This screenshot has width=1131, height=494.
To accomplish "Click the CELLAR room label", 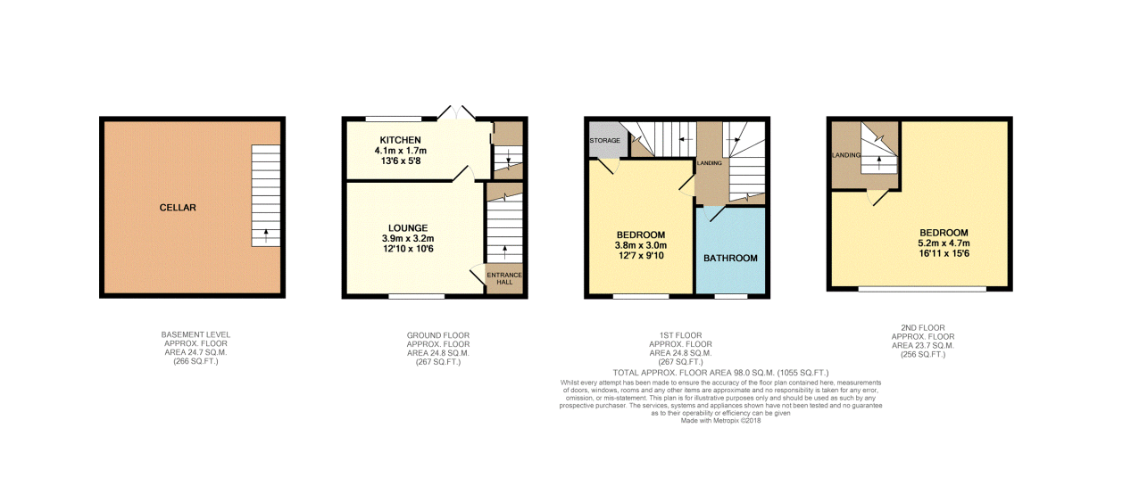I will (179, 208).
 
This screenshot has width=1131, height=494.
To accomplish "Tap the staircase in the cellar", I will (265, 196).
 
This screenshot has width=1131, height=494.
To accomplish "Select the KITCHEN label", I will (400, 141).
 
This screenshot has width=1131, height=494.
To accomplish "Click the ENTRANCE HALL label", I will (504, 277).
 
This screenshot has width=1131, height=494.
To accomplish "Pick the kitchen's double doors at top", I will (456, 113).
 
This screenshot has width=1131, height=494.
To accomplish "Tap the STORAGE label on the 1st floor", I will (604, 141).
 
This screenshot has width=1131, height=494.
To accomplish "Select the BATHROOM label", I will (730, 258).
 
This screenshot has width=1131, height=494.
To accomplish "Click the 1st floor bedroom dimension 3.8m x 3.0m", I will (640, 246).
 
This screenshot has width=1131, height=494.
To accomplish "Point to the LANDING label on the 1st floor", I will (710, 163).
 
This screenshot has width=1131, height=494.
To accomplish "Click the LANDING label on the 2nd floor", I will (844, 155).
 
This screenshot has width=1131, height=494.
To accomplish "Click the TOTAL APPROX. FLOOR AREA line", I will (721, 372).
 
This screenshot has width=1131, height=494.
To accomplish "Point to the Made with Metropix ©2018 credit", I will (721, 421).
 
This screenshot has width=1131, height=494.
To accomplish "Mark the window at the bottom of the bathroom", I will (730, 296).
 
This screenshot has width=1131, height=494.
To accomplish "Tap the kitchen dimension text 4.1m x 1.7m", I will (400, 151).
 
